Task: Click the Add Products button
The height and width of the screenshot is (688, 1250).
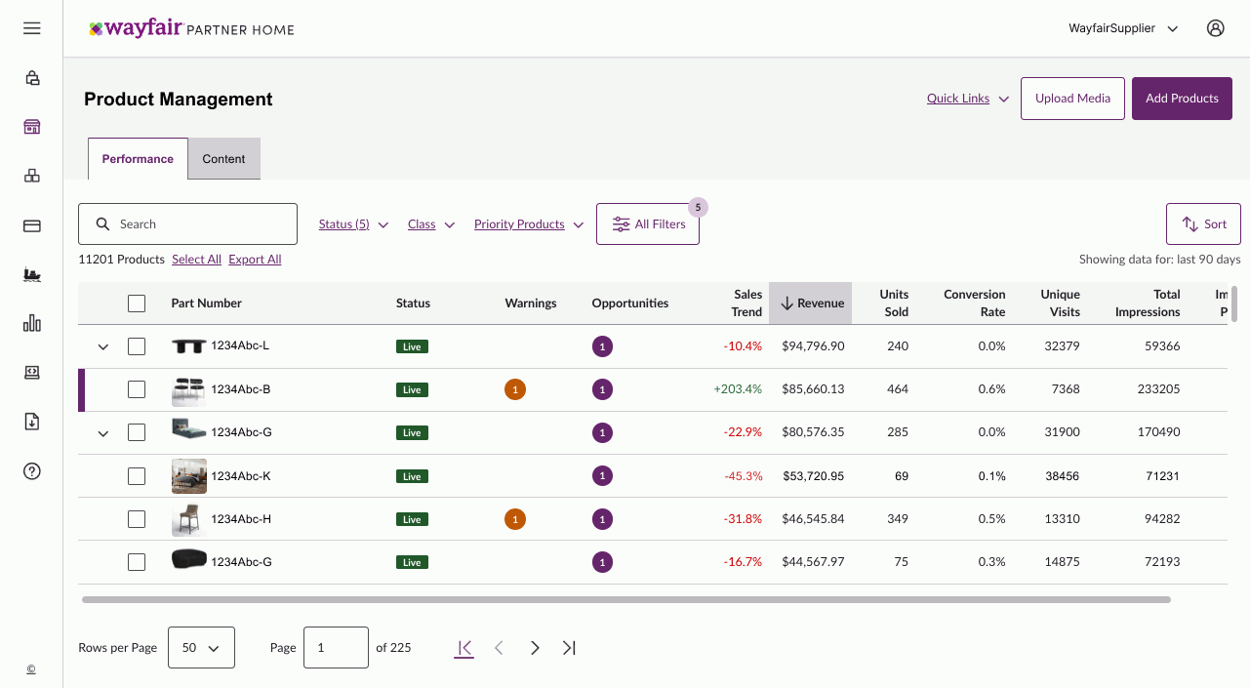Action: tap(1182, 99)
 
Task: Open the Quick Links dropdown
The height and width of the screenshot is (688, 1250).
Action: tap(967, 99)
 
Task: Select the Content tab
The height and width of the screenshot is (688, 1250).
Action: tap(223, 159)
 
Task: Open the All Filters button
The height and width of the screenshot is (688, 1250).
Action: tap(648, 224)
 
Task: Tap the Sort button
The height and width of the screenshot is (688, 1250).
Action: tap(1203, 224)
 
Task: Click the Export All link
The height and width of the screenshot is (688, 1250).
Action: tap(255, 260)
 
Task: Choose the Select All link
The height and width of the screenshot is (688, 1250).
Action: tap(196, 260)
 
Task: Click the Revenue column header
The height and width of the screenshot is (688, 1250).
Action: tap(811, 304)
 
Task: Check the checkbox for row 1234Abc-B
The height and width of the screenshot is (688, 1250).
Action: tap(137, 389)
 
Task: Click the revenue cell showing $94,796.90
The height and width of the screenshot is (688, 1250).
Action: tap(813, 346)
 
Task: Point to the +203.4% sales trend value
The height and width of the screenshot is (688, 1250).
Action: tap(738, 389)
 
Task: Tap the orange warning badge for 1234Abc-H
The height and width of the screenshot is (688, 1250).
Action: tap(515, 519)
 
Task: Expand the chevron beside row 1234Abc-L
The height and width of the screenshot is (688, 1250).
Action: tap(103, 347)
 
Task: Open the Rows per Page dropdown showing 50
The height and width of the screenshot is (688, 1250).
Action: tap(201, 648)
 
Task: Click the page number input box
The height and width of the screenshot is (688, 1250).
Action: tap(336, 648)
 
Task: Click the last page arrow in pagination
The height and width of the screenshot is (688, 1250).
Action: tap(569, 648)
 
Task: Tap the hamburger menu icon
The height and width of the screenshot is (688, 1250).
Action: tap(32, 28)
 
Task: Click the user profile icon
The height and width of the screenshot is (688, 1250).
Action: tap(1215, 28)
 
